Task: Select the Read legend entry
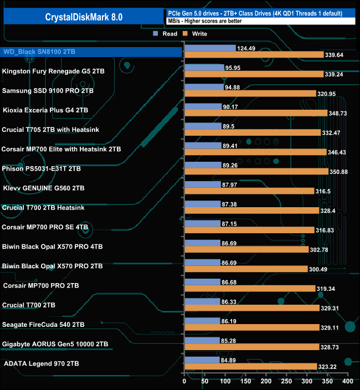166,34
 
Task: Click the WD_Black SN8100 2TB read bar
210,48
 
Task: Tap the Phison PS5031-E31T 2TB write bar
256,172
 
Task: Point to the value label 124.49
249,48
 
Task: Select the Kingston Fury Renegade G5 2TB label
53,71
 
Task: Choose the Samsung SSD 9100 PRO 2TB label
54,90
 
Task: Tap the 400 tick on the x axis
347,382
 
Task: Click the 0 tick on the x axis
184,382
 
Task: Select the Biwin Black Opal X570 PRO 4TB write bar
246,250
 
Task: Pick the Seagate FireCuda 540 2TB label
44,325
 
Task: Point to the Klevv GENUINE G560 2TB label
44,188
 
